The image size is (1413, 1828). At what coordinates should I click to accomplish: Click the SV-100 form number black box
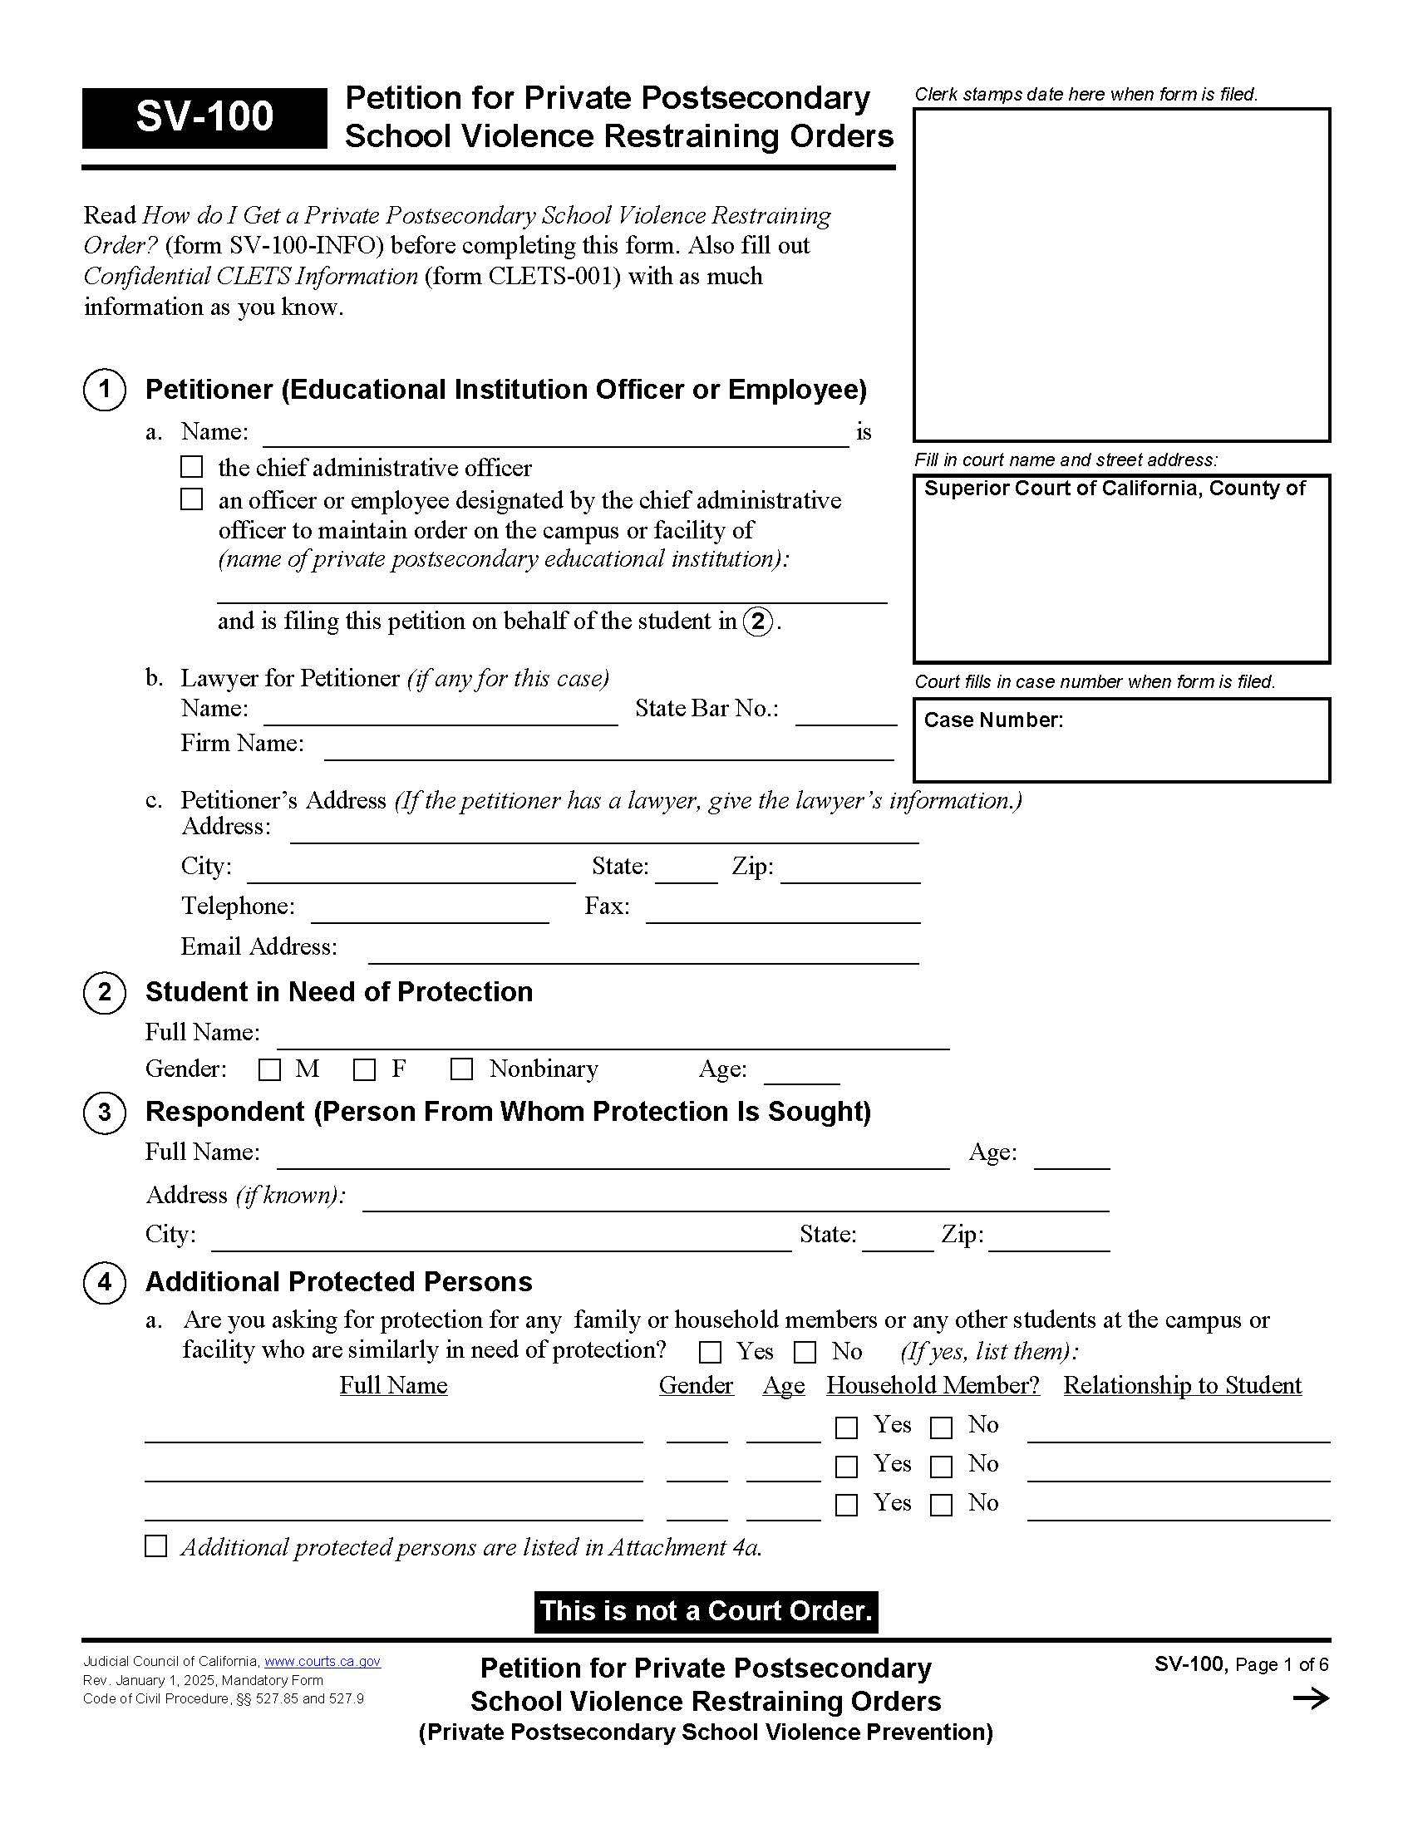[204, 117]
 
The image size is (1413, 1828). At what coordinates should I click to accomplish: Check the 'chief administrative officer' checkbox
[192, 466]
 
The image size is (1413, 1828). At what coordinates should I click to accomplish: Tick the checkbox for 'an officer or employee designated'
[192, 499]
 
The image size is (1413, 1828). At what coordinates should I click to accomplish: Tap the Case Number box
[1121, 740]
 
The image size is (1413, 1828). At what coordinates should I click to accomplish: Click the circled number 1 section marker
[105, 390]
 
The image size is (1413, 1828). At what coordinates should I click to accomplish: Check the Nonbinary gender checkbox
[461, 1069]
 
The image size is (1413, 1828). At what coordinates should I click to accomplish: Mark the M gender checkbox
[269, 1069]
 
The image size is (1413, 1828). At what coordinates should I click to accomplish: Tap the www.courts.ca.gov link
[322, 1662]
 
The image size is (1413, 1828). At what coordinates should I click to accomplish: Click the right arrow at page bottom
[1311, 1698]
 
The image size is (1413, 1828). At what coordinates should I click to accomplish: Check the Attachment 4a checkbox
[156, 1546]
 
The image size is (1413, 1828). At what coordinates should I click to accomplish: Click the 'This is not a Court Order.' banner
[706, 1611]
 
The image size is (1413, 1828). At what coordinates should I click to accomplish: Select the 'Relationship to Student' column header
[1182, 1385]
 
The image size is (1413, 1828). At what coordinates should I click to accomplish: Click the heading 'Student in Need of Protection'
[339, 992]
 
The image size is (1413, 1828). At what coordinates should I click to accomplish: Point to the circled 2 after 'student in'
[758, 622]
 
